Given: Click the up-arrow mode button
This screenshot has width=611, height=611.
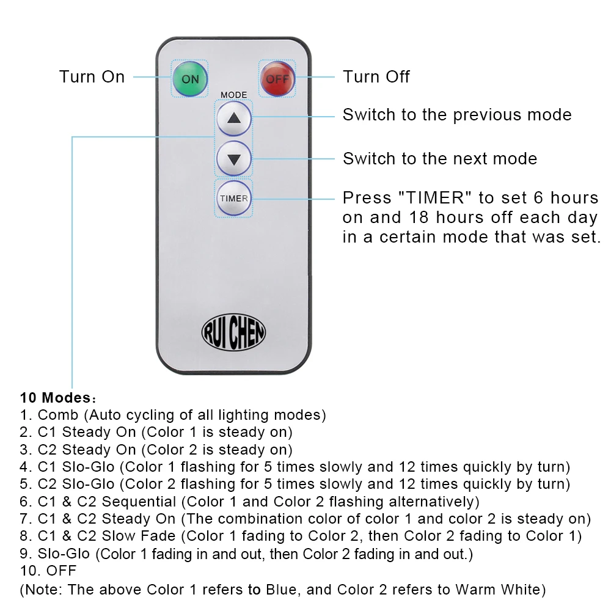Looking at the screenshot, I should (x=234, y=119).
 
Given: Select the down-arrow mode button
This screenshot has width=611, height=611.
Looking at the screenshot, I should (x=234, y=159).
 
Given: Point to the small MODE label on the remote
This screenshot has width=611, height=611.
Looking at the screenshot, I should (x=233, y=95).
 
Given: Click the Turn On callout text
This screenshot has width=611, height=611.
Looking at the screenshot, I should (x=92, y=77).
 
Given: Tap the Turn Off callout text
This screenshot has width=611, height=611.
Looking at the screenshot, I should (x=376, y=77).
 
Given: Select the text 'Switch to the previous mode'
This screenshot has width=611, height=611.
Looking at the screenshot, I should (x=456, y=115).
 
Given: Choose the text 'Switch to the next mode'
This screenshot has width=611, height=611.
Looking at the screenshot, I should (x=439, y=159).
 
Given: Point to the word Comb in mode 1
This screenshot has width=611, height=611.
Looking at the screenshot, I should (x=58, y=415).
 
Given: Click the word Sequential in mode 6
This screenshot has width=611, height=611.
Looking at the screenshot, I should (x=139, y=502).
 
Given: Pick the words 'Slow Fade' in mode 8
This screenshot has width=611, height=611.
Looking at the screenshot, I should (x=139, y=537).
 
